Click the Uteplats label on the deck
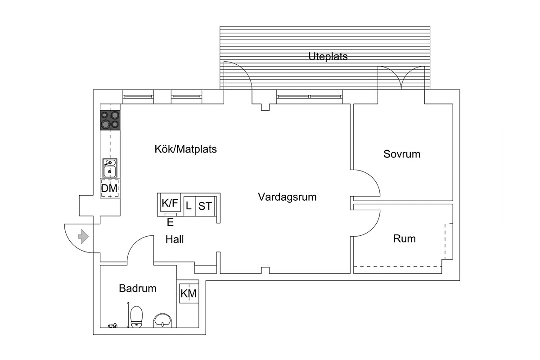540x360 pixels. click(x=328, y=57)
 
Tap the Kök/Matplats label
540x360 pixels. click(x=185, y=149)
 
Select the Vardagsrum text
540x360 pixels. click(x=287, y=197)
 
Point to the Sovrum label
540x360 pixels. click(x=402, y=154)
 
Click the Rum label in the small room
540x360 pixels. click(x=405, y=238)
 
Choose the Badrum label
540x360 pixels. click(x=138, y=288)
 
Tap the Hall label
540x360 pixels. click(x=175, y=239)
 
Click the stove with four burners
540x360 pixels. click(x=110, y=120)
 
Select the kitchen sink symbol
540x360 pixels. click(x=110, y=168)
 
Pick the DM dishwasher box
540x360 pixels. click(x=110, y=188)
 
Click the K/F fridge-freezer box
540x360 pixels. click(x=170, y=203)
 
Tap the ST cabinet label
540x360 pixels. click(x=205, y=206)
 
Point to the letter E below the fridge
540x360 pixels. click(x=170, y=222)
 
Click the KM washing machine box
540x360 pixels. click(x=189, y=293)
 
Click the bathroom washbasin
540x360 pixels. click(x=163, y=320)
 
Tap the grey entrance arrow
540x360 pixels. click(x=83, y=237)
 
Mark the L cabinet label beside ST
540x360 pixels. click(x=189, y=206)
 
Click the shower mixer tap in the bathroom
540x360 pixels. click(x=112, y=325)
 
